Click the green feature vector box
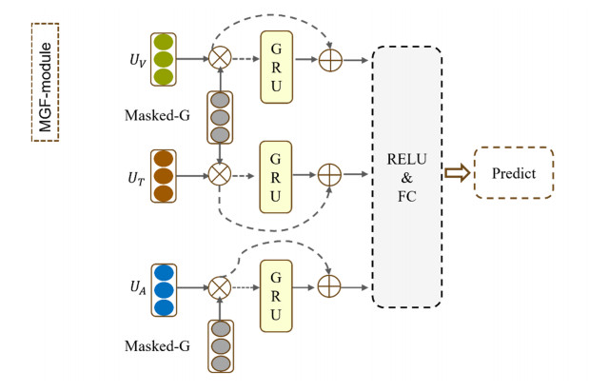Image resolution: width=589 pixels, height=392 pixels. (x=165, y=60)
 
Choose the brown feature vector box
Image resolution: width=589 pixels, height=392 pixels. (x=165, y=175)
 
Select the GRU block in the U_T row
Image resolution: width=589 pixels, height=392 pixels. (x=276, y=175)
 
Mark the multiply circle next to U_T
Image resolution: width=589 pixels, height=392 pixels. (x=221, y=175)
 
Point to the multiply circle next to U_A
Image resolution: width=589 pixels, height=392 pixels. (x=221, y=283)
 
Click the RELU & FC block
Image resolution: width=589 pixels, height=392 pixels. (x=407, y=175)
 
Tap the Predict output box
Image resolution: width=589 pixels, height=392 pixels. (x=515, y=175)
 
